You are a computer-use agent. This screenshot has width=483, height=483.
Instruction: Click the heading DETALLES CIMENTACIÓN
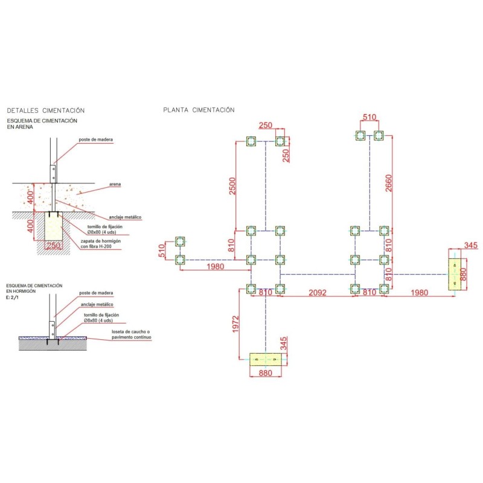tap(45, 110)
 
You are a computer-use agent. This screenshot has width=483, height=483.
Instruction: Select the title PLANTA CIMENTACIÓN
tap(199, 110)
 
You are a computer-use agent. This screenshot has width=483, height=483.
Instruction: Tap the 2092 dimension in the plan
tap(318, 293)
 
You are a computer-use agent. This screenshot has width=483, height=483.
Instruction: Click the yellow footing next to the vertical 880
tap(457, 273)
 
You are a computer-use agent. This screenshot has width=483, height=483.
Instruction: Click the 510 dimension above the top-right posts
tap(369, 118)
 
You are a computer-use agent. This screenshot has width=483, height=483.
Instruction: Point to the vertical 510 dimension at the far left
tap(162, 251)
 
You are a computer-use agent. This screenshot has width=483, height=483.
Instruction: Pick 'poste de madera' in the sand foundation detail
tap(95, 139)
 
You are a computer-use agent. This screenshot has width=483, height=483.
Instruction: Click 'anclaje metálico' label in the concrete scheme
tap(98, 304)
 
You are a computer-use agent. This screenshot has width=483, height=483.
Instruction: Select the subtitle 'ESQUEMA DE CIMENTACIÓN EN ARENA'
tap(42, 124)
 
